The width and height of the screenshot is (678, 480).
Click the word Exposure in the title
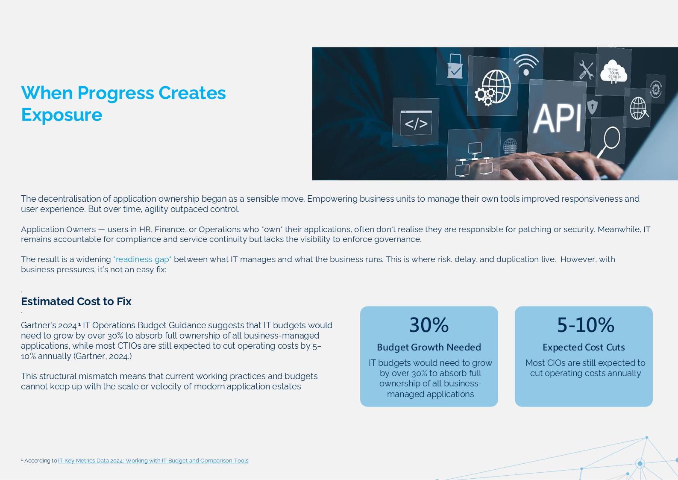point(62,115)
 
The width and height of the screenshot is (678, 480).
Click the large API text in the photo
point(557,118)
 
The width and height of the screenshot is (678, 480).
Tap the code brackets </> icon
point(416,123)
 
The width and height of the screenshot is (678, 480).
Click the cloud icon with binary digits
point(613,72)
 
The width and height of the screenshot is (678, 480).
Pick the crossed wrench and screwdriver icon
point(586,70)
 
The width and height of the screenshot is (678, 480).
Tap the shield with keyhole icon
point(592,106)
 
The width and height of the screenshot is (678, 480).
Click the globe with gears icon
point(493,88)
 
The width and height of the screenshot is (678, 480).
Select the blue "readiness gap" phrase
point(142,259)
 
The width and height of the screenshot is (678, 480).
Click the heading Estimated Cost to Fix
point(76,301)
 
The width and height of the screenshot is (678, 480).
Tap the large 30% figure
point(429,325)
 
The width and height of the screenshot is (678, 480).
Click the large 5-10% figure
point(586,325)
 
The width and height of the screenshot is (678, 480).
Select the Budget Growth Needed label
point(429,347)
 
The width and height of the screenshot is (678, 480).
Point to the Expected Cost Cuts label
point(584,347)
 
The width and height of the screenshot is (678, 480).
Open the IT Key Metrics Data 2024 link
point(153,461)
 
